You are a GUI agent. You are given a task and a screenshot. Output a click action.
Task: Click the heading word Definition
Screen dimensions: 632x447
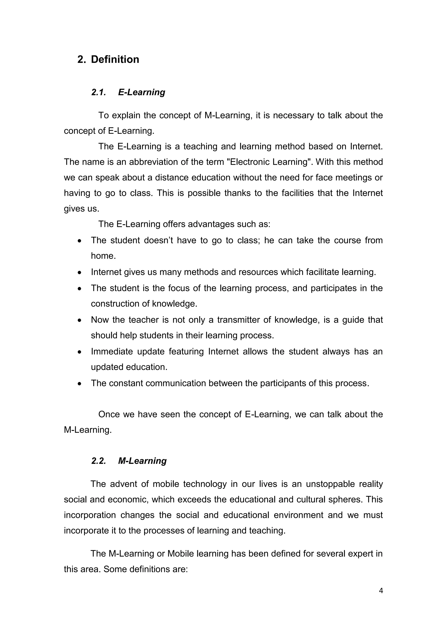click(x=115, y=59)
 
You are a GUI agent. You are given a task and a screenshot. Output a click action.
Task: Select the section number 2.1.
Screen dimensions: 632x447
click(x=98, y=92)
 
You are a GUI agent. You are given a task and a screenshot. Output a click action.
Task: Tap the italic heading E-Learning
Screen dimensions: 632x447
click(x=141, y=92)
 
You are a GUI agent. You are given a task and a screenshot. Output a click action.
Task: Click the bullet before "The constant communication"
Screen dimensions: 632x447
click(x=79, y=384)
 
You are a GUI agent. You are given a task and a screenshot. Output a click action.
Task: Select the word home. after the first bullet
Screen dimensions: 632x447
click(x=103, y=256)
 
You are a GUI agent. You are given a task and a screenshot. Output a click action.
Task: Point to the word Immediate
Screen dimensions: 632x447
click(x=112, y=352)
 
